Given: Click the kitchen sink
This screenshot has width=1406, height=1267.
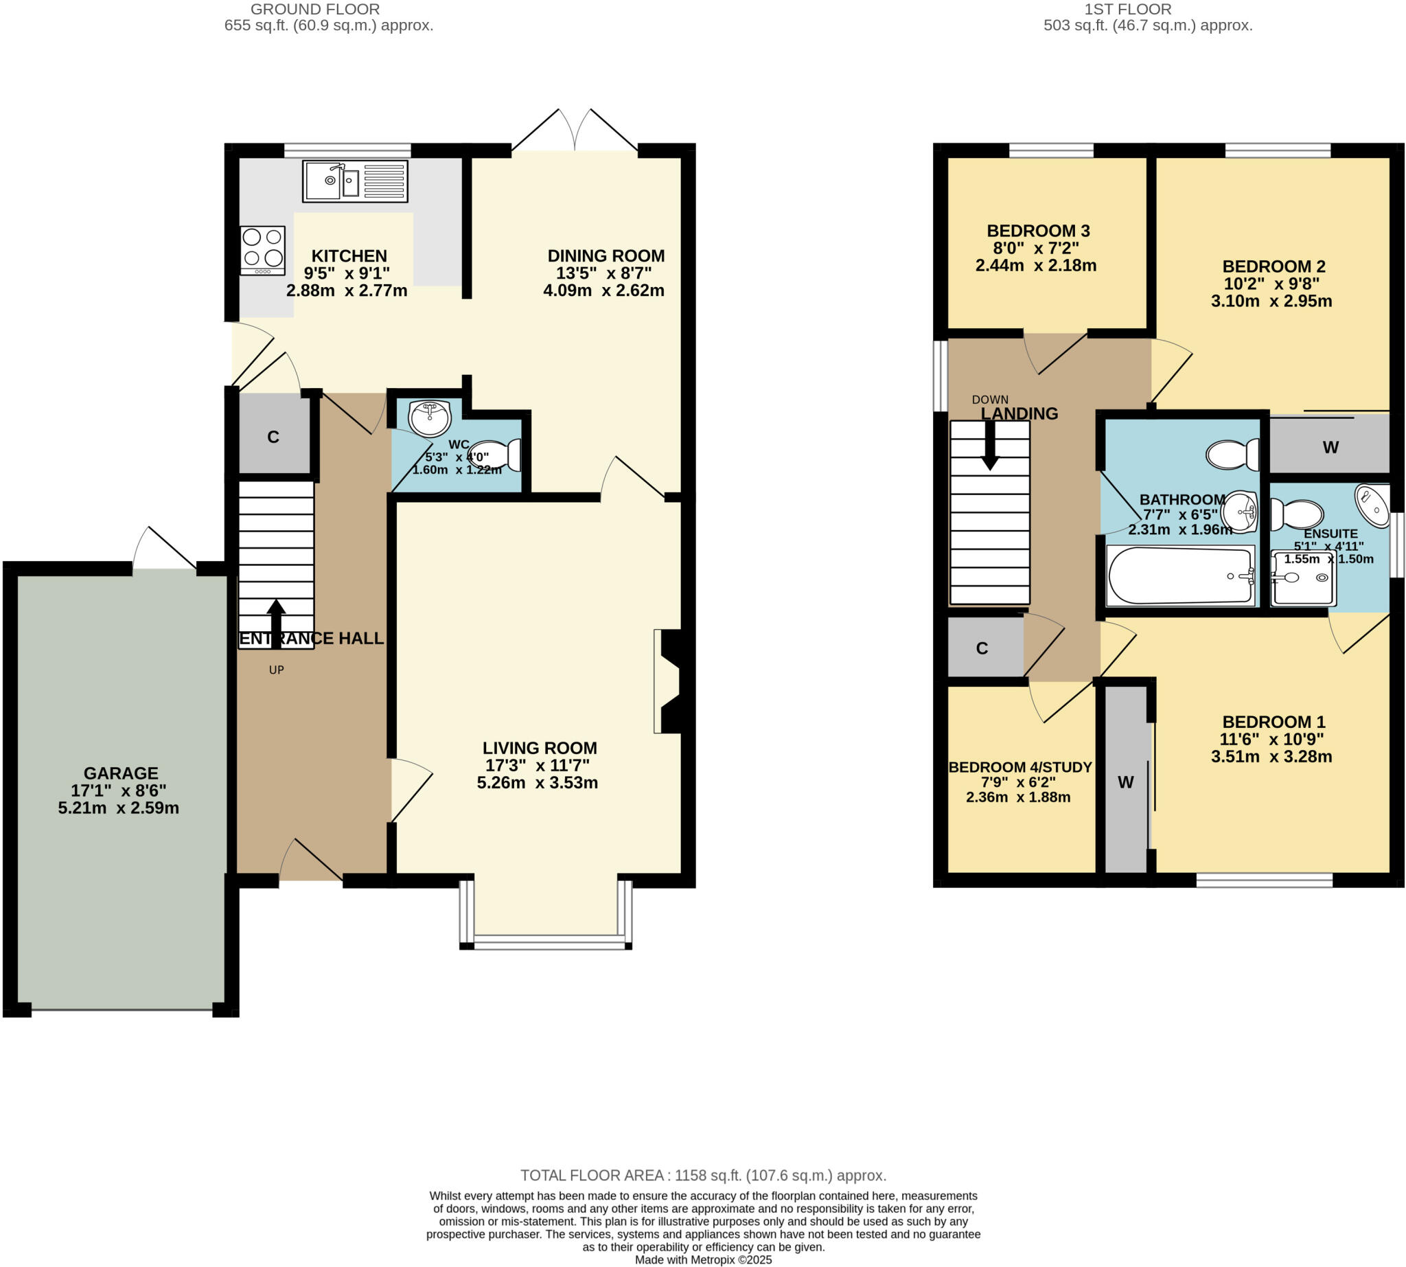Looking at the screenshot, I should click(x=354, y=182).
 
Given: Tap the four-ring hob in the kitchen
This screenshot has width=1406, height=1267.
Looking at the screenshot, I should click(x=262, y=250).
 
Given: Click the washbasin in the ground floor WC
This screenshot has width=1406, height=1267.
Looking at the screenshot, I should click(x=430, y=418).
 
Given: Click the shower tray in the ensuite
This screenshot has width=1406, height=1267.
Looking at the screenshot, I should click(x=1302, y=578).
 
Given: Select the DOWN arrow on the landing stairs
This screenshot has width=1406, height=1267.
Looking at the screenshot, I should click(x=989, y=446).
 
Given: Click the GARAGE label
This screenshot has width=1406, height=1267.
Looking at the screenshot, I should click(x=120, y=773).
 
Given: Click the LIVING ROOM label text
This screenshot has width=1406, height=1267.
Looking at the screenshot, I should click(x=540, y=748).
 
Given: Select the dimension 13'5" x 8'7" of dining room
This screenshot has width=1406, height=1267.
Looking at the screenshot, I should click(x=603, y=273).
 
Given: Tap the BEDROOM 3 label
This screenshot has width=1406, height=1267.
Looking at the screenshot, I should click(x=1038, y=231).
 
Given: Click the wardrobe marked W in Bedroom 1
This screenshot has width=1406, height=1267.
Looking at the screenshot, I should click(x=1125, y=781).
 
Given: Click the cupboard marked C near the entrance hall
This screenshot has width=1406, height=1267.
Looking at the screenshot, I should click(x=273, y=437).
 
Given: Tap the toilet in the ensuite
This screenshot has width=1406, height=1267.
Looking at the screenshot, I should click(x=1296, y=515).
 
